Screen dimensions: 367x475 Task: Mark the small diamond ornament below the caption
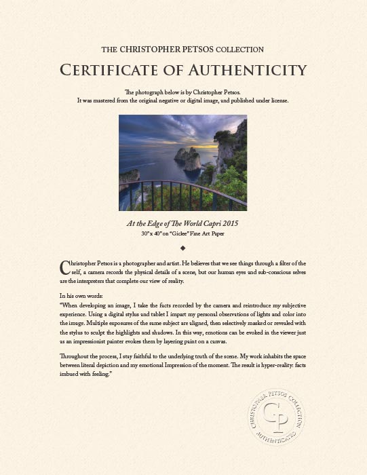pos(183,248)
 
